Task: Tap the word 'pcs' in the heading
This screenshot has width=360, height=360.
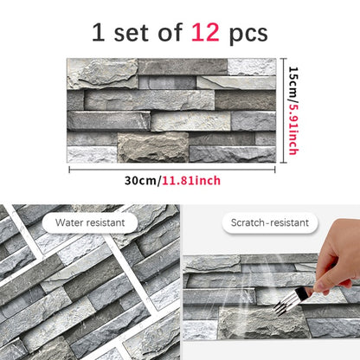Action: [247, 35]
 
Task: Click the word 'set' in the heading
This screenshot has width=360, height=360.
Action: [131, 33]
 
